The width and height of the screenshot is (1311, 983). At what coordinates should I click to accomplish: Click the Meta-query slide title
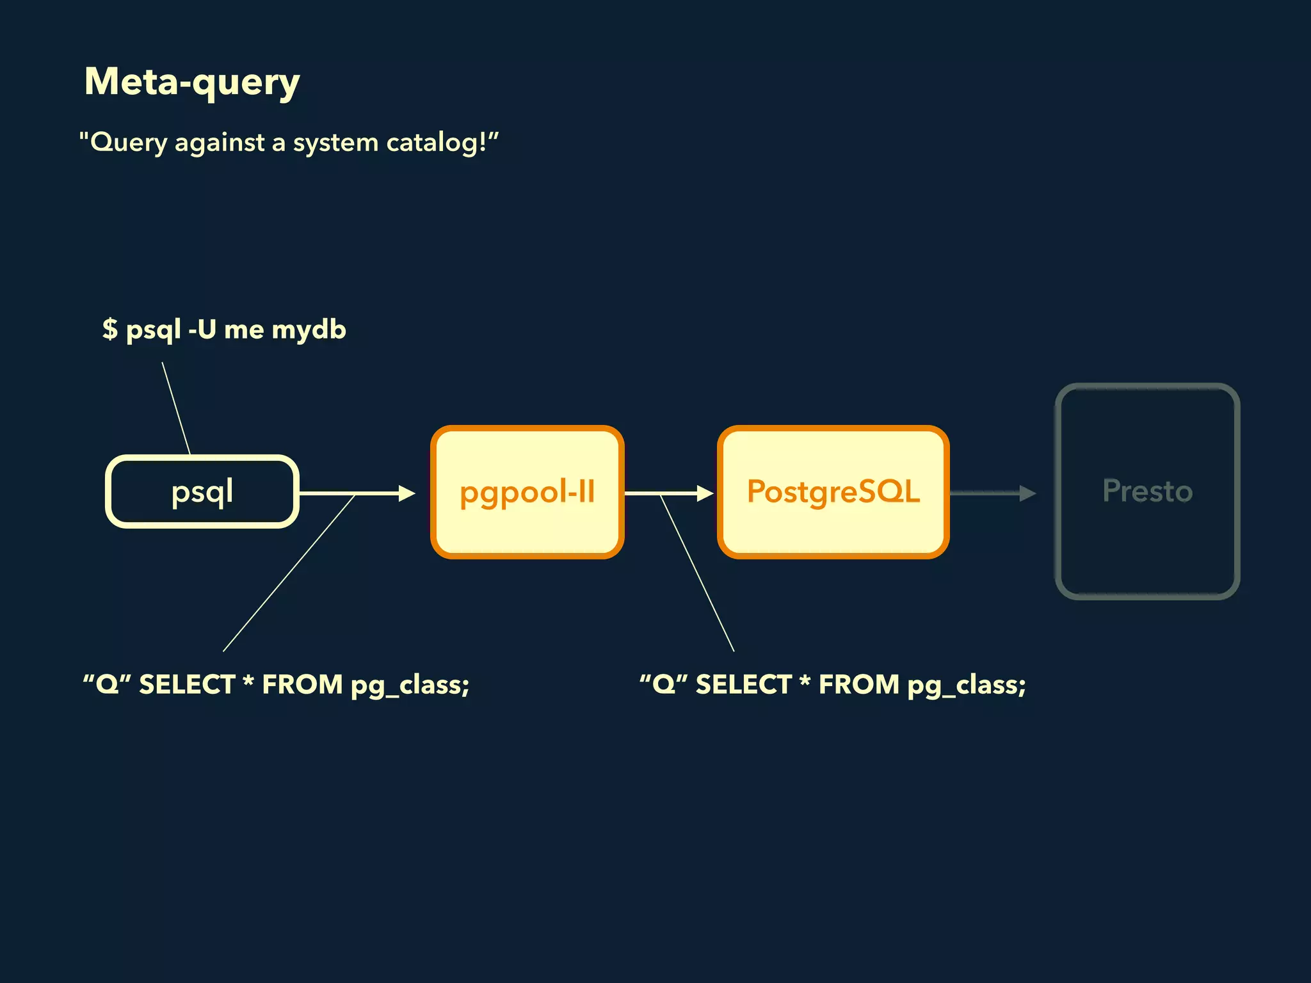click(192, 82)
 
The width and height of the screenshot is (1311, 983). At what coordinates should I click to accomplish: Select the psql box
click(202, 491)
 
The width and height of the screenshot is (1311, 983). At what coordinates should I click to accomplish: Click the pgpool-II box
click(527, 491)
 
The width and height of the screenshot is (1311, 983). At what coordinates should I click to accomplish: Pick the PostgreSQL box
click(833, 491)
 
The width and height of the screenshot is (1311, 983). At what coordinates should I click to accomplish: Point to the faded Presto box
click(1147, 491)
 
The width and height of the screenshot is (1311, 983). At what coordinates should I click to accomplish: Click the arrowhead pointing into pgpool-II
click(406, 493)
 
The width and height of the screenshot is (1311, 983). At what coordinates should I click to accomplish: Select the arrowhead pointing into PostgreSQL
click(705, 493)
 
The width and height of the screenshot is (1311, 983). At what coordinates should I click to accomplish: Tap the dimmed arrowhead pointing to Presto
click(1027, 493)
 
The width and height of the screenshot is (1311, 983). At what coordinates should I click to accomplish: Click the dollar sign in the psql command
click(110, 329)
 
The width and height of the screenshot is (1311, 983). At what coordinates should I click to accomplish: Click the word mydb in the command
click(309, 330)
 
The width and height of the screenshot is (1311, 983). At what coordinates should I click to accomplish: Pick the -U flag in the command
click(202, 329)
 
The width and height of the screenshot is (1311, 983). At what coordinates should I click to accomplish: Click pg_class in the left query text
click(410, 685)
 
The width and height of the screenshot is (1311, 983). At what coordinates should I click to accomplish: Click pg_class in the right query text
click(967, 685)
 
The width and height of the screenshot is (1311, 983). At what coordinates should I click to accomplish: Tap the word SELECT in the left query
click(188, 684)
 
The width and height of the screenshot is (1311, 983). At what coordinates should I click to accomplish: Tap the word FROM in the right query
click(859, 684)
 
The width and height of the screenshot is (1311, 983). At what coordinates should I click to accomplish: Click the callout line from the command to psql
click(176, 408)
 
